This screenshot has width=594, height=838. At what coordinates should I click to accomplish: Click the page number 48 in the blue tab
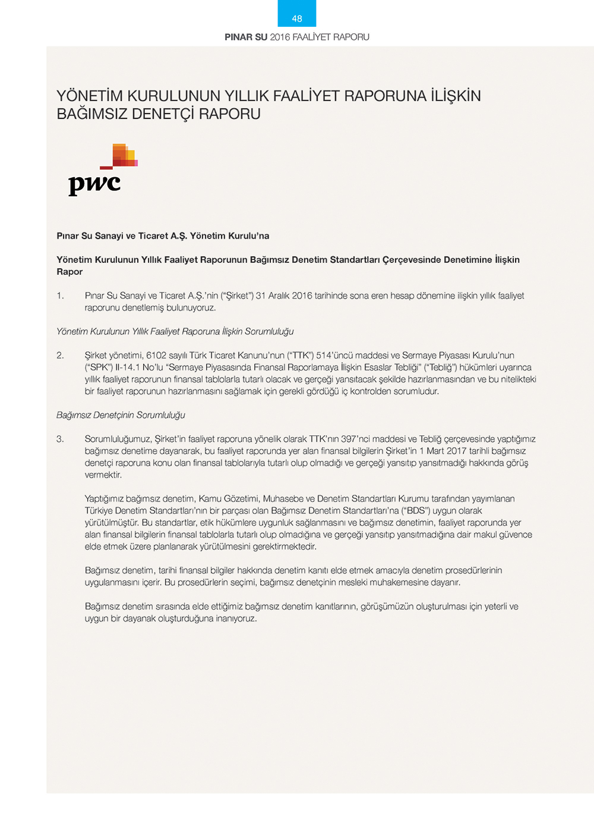(297, 18)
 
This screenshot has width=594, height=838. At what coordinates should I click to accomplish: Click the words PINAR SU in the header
(246, 37)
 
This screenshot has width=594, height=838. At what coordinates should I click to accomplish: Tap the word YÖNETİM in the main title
(90, 96)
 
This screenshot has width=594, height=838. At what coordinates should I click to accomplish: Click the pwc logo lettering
(94, 184)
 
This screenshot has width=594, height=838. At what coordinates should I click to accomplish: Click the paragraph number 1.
(60, 296)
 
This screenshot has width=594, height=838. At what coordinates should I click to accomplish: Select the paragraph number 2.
(60, 356)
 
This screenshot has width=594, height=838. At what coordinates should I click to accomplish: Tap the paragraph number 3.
(60, 439)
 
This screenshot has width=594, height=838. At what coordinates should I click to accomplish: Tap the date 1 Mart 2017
(443, 451)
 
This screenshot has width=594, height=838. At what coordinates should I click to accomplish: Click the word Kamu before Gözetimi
(210, 499)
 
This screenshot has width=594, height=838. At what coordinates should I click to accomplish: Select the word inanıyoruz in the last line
(236, 619)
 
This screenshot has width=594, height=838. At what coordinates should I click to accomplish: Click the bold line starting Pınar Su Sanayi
(163, 236)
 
